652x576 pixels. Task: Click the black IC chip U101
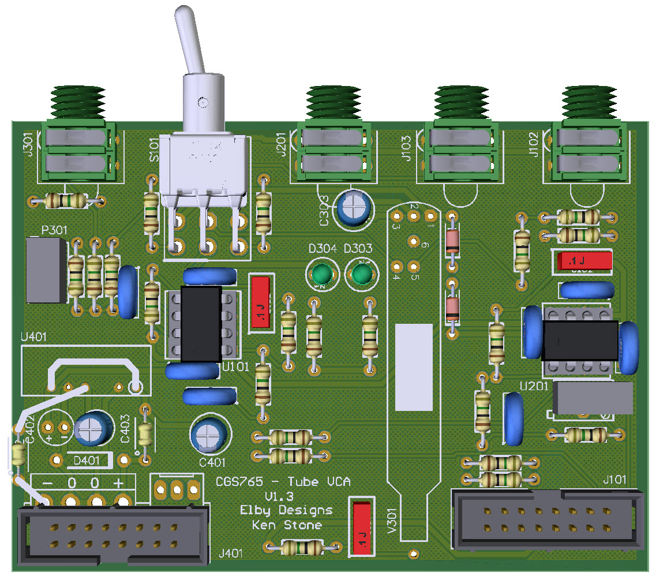coord(201,324)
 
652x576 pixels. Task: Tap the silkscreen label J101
coord(617,480)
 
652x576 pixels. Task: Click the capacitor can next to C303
coord(354,208)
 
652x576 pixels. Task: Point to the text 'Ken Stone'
coord(287,525)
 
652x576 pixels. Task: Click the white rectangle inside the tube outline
coord(414,366)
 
